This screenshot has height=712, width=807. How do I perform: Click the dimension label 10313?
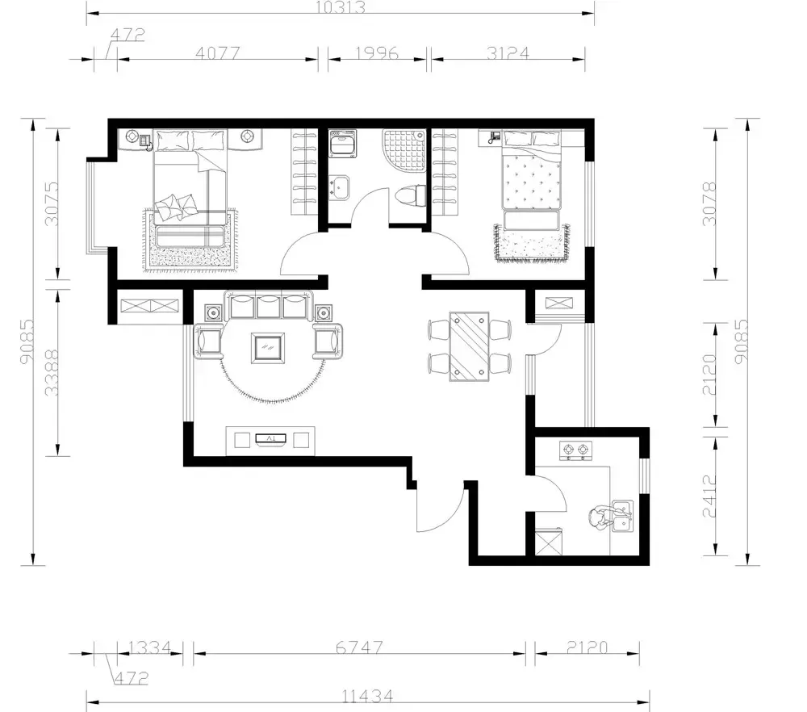341,7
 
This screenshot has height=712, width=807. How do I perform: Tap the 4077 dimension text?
218,53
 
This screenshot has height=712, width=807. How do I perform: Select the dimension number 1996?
377,53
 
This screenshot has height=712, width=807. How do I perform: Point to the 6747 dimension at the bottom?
359,647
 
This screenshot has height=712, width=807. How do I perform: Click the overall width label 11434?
367,697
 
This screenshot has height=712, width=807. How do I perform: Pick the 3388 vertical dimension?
52,372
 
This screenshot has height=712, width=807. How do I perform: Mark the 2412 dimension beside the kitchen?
709,496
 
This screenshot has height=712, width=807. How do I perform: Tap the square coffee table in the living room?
268,348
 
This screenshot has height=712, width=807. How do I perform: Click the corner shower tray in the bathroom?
404,151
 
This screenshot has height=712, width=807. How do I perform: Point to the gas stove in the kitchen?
575,450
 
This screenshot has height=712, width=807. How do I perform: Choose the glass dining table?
469,346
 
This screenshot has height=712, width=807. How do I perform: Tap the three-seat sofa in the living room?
269,306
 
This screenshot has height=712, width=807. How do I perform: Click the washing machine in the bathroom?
342,144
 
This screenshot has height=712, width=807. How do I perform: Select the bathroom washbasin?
339,187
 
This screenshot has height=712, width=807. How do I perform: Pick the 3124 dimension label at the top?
508,53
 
